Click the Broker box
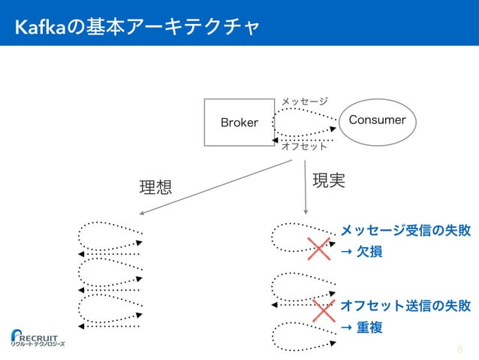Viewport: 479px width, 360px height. pos(239,122)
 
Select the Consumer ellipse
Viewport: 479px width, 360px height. pos(372,120)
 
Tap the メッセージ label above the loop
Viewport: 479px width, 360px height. pos(304,101)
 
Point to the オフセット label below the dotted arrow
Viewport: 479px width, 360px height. pos(304,147)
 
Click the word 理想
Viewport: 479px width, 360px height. pos(155,187)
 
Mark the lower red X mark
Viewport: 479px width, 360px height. pos(324,310)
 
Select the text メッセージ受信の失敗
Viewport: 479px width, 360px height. pos(405,230)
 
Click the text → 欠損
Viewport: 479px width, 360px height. pos(362,252)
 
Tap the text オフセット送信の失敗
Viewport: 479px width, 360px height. pos(405,306)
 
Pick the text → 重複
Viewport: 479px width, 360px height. pos(362,328)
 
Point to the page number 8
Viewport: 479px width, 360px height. pos(459,349)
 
